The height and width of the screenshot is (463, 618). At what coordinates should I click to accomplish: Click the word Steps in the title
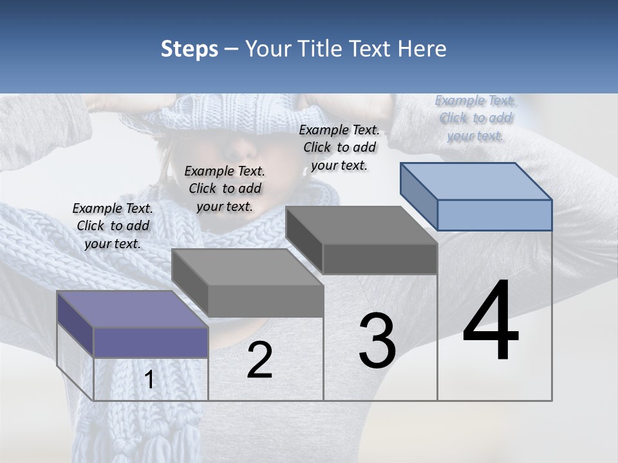pyautogui.click(x=189, y=49)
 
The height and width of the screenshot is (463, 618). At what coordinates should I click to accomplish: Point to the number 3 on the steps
pyautogui.click(x=377, y=341)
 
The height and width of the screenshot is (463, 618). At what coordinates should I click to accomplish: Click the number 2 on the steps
pyautogui.click(x=259, y=361)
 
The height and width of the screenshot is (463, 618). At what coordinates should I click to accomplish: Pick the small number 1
pyautogui.click(x=149, y=380)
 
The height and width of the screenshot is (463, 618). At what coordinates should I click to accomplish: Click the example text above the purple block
pyautogui.click(x=113, y=226)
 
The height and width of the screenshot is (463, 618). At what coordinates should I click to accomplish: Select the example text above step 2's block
pyautogui.click(x=225, y=188)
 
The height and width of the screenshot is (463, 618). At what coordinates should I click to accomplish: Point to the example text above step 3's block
pyautogui.click(x=339, y=147)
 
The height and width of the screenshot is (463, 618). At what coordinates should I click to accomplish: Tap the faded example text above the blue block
pyautogui.click(x=475, y=118)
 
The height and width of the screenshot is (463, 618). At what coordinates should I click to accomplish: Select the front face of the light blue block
pyautogui.click(x=494, y=215)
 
